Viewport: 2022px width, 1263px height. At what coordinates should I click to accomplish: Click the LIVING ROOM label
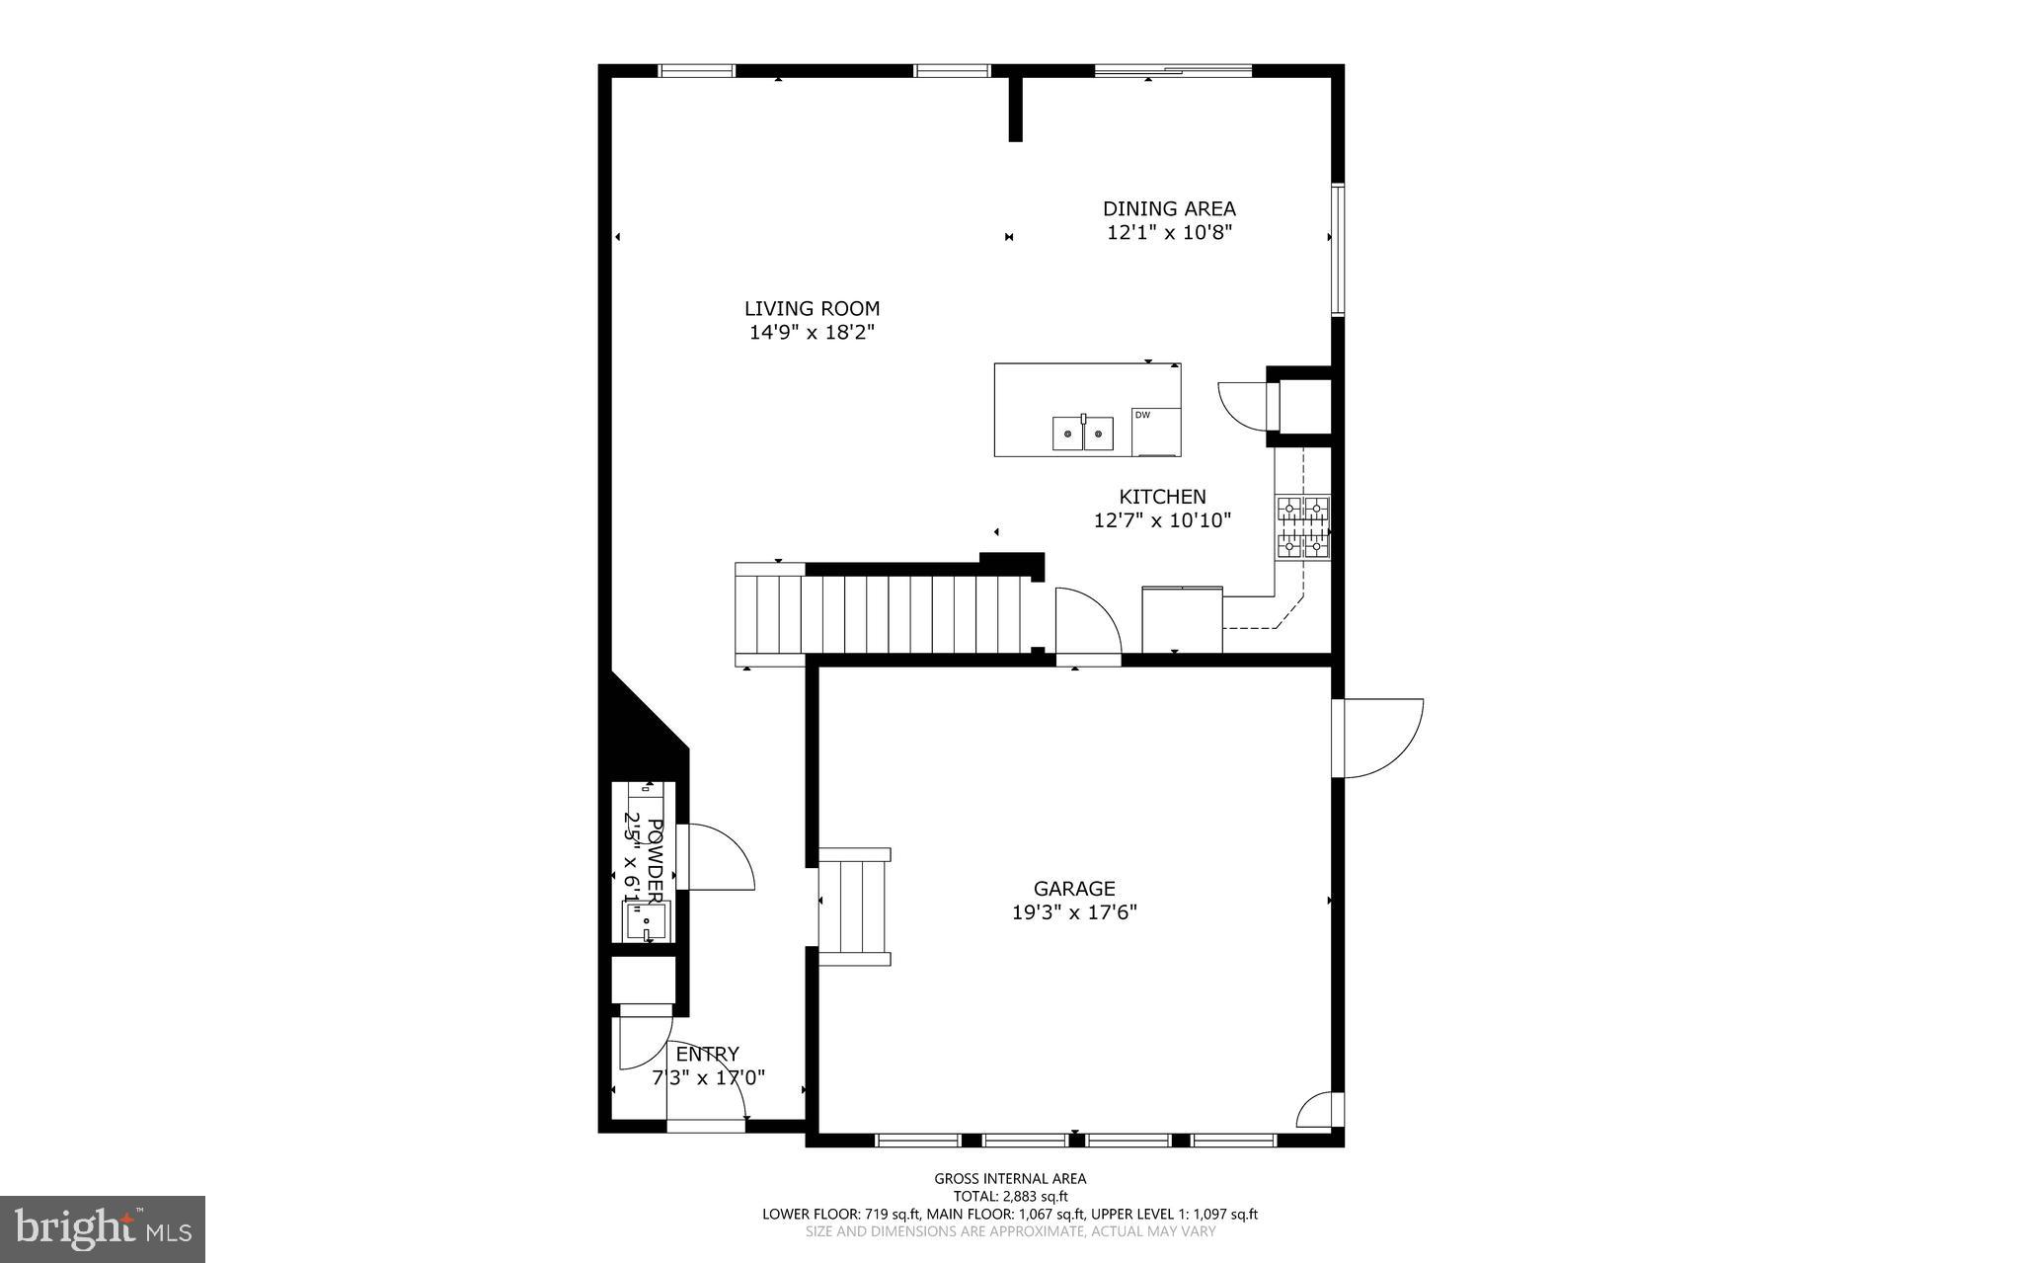[x=812, y=309]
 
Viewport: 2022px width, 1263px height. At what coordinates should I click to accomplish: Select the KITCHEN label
[x=1162, y=497]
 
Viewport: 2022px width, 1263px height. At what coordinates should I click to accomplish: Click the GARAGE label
[x=1074, y=889]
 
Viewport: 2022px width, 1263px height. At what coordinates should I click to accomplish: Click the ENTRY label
[x=707, y=1055]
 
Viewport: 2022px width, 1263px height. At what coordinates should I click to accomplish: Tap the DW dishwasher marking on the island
[x=1142, y=416]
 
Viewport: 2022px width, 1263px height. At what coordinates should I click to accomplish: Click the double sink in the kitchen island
[x=1083, y=434]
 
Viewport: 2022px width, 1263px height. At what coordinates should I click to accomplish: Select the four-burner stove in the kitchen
[x=1303, y=527]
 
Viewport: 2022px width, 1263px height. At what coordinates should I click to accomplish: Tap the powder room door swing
[x=719, y=856]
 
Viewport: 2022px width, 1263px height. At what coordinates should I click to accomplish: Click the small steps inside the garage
[x=855, y=907]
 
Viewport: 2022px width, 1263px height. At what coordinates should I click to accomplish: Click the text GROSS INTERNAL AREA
[x=1010, y=1178]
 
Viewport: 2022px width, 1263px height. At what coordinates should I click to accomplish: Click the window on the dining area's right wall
[x=1338, y=249]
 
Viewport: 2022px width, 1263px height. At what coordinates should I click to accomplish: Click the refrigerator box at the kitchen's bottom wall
[x=1182, y=619]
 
